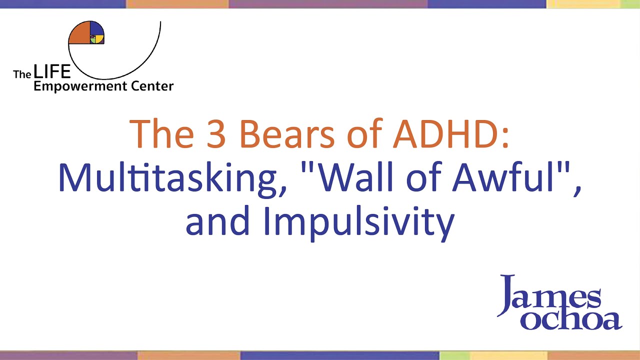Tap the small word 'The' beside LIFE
[x=22, y=74]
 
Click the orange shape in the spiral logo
[x=78, y=33]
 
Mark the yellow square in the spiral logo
[x=100, y=39]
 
